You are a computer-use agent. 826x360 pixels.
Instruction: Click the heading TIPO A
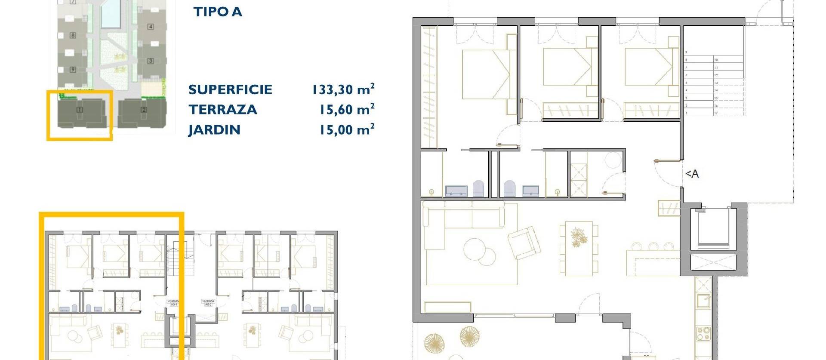click(218, 12)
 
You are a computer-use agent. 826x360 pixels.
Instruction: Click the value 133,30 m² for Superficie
click(343, 89)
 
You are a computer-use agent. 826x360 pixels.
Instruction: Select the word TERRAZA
click(222, 110)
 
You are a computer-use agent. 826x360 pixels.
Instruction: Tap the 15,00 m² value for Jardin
click(346, 129)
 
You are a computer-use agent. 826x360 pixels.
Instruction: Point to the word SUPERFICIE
click(230, 89)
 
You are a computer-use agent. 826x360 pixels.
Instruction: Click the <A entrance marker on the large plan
click(692, 174)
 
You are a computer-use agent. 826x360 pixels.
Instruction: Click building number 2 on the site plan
click(144, 110)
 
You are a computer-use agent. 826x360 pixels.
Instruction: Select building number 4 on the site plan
click(150, 27)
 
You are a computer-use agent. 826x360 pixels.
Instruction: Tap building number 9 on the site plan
click(73, 69)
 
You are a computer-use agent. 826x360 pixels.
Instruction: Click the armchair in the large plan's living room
click(524, 243)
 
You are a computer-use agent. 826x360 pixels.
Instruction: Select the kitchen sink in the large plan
click(703, 300)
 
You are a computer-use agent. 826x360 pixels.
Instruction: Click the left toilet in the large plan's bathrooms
click(478, 188)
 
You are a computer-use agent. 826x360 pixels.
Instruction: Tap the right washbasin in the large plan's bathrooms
click(530, 191)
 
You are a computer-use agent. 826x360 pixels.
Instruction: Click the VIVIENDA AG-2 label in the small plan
click(208, 303)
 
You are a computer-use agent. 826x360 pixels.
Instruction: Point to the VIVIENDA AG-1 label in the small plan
click(173, 303)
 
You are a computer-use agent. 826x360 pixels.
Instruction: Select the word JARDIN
click(214, 130)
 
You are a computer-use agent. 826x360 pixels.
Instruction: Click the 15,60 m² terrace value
click(346, 110)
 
